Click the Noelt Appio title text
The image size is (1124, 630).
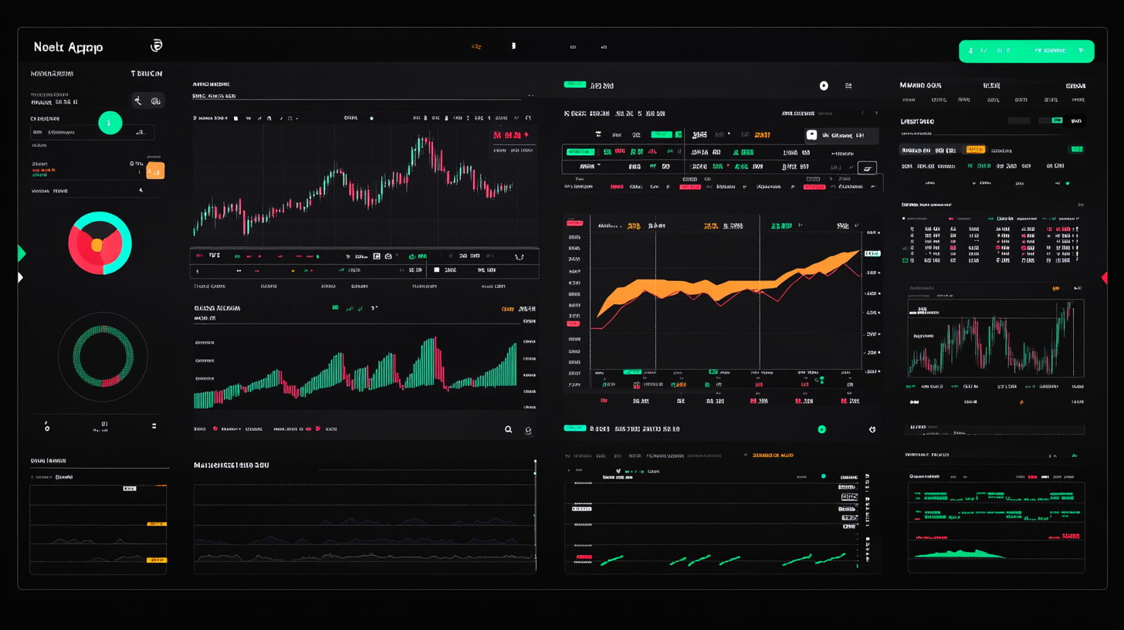68,47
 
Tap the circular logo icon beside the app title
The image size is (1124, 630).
156,46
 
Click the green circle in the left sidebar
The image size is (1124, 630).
110,122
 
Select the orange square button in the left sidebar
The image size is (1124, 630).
155,171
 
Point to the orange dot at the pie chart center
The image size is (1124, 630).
96,245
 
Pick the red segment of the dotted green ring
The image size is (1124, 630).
109,380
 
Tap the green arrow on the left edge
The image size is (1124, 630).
22,253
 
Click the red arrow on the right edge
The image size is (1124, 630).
1104,278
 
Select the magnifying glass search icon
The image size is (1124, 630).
508,430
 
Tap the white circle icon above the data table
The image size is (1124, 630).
824,86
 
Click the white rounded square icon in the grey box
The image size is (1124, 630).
811,134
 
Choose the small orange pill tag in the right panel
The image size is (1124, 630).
975,149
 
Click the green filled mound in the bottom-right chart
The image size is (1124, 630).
957,553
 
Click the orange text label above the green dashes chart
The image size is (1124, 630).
773,456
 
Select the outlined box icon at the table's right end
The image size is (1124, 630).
867,168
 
